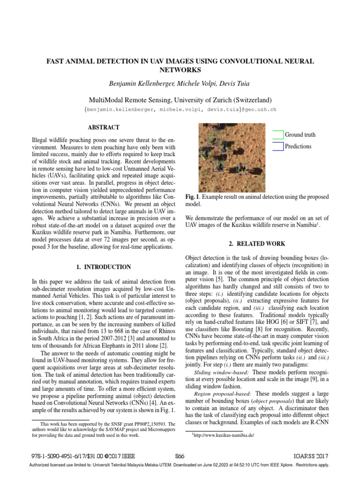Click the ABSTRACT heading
(x=104, y=127)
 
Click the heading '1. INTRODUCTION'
(x=104, y=267)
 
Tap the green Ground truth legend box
(x=278, y=135)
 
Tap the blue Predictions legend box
(x=278, y=146)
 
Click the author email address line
(x=180, y=110)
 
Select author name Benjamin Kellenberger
(x=141, y=84)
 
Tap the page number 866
(x=180, y=455)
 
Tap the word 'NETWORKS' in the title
(x=180, y=70)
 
